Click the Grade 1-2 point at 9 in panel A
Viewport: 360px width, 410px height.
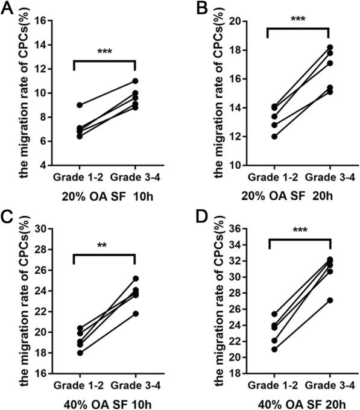coord(73,105)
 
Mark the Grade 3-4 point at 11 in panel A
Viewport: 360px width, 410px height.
coord(135,81)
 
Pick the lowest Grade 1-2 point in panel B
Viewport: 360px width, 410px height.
coord(274,136)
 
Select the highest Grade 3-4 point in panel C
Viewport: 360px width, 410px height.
coord(135,279)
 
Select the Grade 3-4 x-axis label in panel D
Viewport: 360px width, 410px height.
coord(330,383)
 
